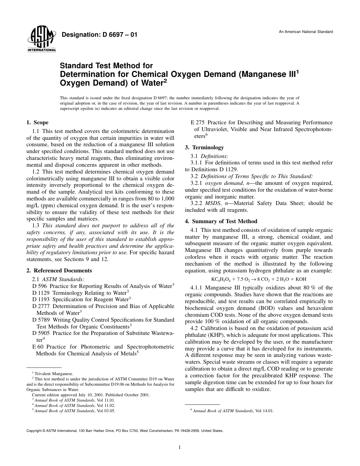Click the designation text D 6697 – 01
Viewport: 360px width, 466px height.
point(99,35)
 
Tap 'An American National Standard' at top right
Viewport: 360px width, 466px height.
point(305,31)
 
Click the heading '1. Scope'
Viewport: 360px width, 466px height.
point(37,122)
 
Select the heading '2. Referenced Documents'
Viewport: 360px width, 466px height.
point(59,271)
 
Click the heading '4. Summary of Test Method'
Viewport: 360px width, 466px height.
point(226,221)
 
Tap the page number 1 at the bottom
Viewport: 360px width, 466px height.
point(180,447)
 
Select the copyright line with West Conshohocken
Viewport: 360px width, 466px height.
point(125,431)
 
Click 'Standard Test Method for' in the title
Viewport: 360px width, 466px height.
point(106,65)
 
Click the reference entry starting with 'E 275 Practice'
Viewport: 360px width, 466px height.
point(261,122)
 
